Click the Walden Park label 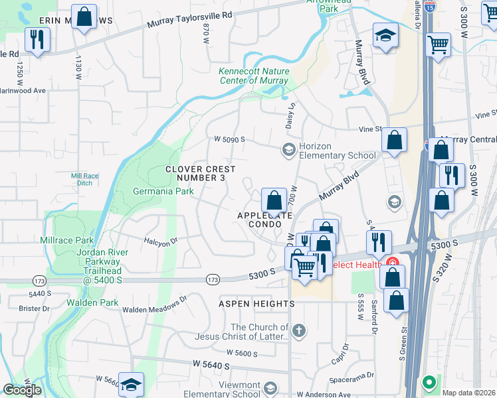[92, 302]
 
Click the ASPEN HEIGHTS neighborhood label [256, 303]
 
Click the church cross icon [300, 330]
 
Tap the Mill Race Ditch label [84, 179]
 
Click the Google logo [22, 390]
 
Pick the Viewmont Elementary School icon [270, 387]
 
